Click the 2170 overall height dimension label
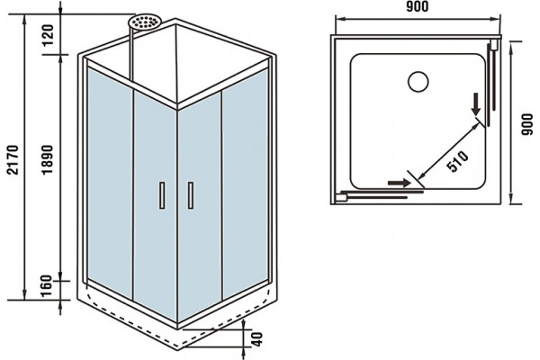pyautogui.click(x=13, y=160)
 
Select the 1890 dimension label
pyautogui.click(x=48, y=160)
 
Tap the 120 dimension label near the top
pyautogui.click(x=49, y=35)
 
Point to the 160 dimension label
pyautogui.click(x=46, y=285)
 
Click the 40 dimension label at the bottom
pyautogui.click(x=256, y=339)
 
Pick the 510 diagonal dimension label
pyautogui.click(x=458, y=161)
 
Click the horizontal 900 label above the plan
pyautogui.click(x=417, y=6)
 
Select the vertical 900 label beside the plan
pyautogui.click(x=526, y=124)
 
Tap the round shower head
pyautogui.click(x=144, y=22)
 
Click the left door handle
pyautogui.click(x=162, y=195)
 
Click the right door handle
pyautogui.click(x=191, y=195)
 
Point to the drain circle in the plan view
pyautogui.click(x=418, y=82)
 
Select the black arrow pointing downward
pyautogui.click(x=476, y=104)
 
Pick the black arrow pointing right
pyautogui.click(x=400, y=183)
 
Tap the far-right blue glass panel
pyautogui.click(x=245, y=183)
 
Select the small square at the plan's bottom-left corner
pyautogui.click(x=341, y=197)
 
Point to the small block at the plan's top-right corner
pyautogui.click(x=494, y=45)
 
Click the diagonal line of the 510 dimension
pyautogui.click(x=450, y=151)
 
